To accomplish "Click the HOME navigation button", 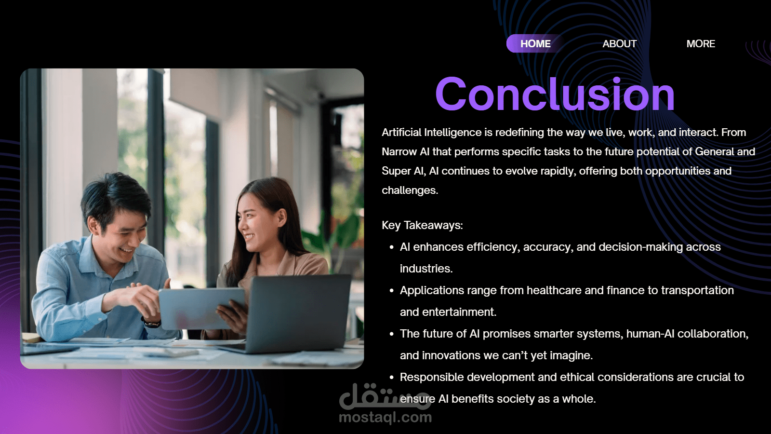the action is pos(535,44).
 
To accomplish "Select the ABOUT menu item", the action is pos(620,44).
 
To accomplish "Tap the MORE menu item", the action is pos(701,44).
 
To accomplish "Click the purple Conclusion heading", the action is pos(555,94).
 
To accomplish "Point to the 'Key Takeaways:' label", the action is pos(422,225).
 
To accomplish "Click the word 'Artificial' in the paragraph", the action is pos(401,132).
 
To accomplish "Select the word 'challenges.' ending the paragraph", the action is pos(410,190).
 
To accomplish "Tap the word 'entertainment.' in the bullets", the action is pos(460,312).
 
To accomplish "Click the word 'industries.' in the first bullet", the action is pos(426,269).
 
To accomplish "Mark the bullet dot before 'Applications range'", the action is pos(391,291).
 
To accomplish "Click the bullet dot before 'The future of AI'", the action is pos(391,334).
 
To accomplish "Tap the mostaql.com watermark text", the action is pos(385,418).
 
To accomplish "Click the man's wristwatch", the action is pos(151,323).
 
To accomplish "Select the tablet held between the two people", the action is pos(202,309).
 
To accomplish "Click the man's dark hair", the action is pos(115,196).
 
